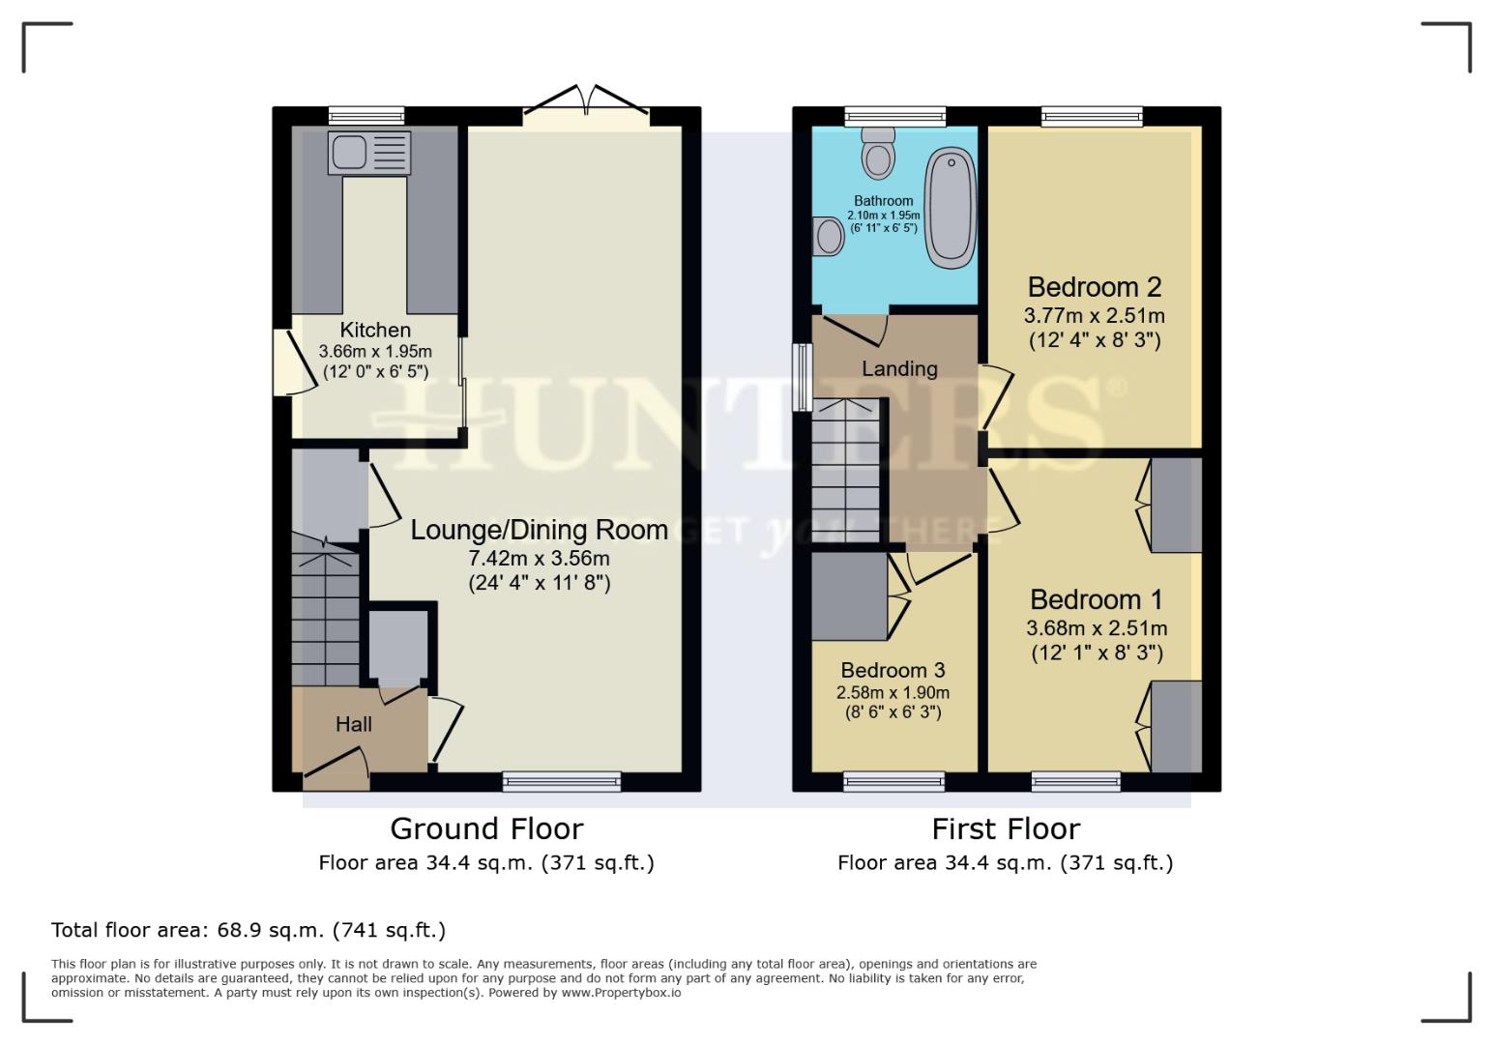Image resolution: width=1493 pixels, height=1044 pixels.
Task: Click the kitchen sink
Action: tap(368, 153)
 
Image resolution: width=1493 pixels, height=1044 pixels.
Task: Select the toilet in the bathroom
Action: tap(878, 154)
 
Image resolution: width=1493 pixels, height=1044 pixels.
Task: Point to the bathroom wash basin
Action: tap(829, 235)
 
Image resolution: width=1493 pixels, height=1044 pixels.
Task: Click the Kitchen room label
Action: tap(375, 330)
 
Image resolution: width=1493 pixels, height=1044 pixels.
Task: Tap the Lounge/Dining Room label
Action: tap(539, 530)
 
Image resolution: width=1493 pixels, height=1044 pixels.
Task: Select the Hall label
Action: tap(353, 724)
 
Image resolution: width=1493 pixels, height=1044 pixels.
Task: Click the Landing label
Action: tap(898, 368)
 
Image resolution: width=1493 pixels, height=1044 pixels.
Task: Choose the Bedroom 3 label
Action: tap(893, 670)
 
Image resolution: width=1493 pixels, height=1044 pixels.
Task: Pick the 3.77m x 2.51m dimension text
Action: tap(1094, 315)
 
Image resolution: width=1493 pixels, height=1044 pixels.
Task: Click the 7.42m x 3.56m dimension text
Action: tap(539, 559)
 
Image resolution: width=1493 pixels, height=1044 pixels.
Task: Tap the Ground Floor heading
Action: tap(486, 828)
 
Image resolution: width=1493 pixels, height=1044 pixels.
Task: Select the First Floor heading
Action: tap(1005, 828)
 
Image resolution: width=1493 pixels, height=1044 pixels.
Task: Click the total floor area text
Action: tap(249, 930)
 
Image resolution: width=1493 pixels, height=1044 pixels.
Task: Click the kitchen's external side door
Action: tap(283, 362)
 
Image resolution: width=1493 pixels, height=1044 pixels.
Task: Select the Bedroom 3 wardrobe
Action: tap(849, 595)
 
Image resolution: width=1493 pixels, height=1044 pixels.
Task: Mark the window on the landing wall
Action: tap(802, 377)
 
